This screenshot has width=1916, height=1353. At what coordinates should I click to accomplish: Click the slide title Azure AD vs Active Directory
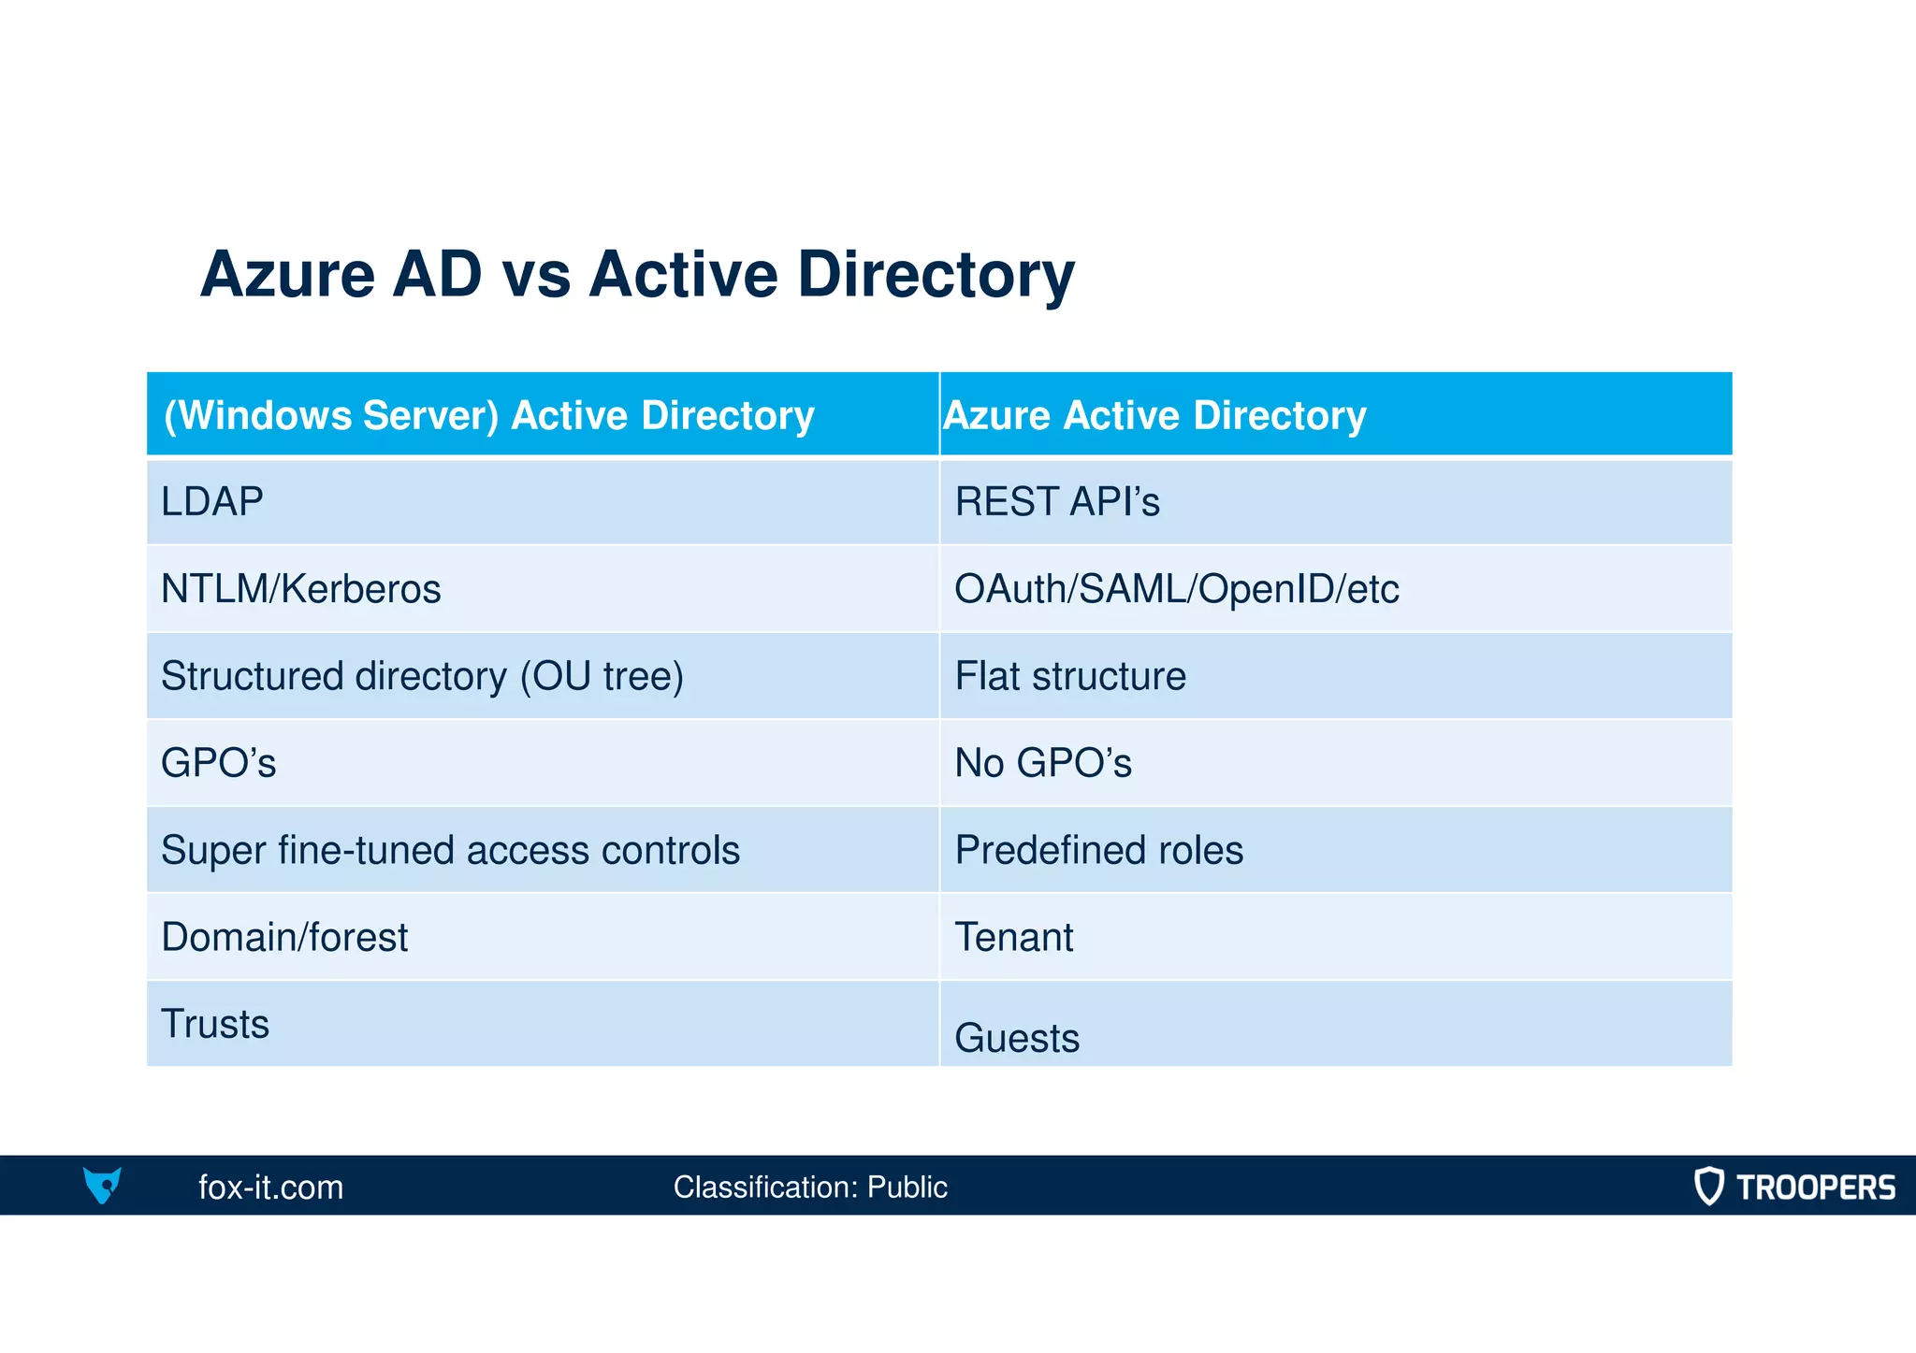(637, 275)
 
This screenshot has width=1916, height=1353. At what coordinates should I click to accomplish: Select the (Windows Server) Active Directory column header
(489, 415)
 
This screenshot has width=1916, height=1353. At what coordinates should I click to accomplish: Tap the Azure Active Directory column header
(1154, 415)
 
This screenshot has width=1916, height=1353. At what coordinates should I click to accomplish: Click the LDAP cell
(212, 502)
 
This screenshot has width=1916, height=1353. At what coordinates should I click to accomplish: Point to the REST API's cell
(1057, 502)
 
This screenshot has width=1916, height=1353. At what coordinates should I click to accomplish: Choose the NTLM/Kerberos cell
(300, 589)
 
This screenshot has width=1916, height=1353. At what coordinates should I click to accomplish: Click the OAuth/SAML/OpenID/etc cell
(1176, 589)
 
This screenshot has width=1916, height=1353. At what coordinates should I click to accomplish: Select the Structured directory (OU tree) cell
(422, 676)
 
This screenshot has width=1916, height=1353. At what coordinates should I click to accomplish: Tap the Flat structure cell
(1070, 676)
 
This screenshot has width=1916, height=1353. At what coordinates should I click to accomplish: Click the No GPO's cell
(1042, 763)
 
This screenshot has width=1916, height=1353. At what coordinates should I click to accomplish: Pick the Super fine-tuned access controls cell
(450, 850)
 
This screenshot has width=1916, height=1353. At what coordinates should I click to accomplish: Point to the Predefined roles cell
(1098, 850)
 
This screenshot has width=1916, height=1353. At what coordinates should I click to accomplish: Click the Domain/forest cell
(284, 937)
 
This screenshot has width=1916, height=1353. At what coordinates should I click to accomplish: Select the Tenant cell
(1013, 937)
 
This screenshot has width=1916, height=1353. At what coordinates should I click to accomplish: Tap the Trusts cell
(215, 1024)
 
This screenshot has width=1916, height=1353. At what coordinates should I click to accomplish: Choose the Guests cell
(1017, 1037)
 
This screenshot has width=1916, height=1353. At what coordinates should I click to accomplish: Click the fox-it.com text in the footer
(270, 1187)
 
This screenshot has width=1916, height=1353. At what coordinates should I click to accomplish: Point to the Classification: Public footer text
(810, 1187)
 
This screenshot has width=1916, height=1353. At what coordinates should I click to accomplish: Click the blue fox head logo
(102, 1185)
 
